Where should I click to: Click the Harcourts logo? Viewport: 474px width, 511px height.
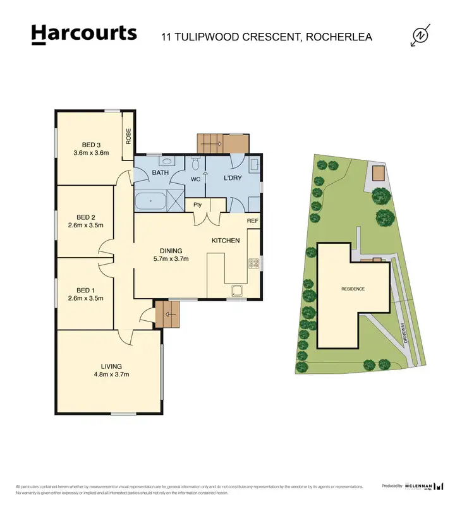coord(83,34)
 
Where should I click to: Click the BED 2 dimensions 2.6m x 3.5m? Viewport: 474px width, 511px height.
coord(85,225)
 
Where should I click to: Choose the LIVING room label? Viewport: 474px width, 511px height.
coord(111,366)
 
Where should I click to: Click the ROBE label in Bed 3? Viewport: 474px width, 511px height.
coord(128,136)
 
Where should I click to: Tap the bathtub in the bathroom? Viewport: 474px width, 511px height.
coord(150,203)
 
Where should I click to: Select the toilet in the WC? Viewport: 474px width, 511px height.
coord(197,165)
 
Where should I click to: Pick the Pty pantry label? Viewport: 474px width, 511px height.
coord(197,205)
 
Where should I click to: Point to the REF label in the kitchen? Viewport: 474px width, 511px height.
coord(253,221)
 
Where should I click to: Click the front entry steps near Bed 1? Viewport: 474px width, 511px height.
coord(167,313)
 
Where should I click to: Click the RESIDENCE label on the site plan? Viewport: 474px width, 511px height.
coord(353,289)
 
